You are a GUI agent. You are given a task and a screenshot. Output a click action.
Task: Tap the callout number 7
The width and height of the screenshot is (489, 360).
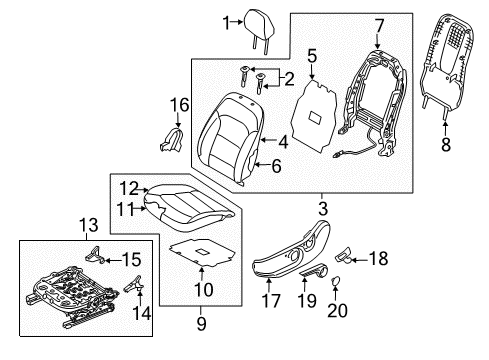click(379, 26)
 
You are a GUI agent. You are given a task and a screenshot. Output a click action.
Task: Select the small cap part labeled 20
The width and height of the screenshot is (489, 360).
click(336, 281)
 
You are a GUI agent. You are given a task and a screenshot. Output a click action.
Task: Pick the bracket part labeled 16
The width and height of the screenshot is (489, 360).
click(172, 140)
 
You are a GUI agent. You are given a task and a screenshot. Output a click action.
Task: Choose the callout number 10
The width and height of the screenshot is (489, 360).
click(203, 289)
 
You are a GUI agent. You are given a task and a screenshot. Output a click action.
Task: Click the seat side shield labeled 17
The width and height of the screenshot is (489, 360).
click(291, 249)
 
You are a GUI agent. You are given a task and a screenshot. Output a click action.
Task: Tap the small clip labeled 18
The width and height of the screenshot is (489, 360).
click(343, 256)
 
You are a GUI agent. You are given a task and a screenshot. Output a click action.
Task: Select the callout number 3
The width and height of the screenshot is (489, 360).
click(323, 209)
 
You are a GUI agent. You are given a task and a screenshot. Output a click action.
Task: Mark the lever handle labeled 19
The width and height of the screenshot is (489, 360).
click(314, 269)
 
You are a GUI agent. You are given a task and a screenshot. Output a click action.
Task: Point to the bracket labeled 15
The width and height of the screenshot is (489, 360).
click(96, 255)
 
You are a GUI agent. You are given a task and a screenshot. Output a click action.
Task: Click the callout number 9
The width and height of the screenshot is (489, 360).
click(201, 323)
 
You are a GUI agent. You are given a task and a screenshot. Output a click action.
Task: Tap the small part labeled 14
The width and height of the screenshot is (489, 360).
click(134, 283)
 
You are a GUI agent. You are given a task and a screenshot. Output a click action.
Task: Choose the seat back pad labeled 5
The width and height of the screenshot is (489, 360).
click(314, 115)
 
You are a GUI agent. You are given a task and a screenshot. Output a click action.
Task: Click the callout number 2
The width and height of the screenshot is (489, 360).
click(289, 79)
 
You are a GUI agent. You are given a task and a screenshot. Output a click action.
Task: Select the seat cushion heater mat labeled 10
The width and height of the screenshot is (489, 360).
click(203, 252)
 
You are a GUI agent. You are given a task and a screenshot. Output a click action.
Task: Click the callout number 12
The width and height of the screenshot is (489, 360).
click(129, 189)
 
